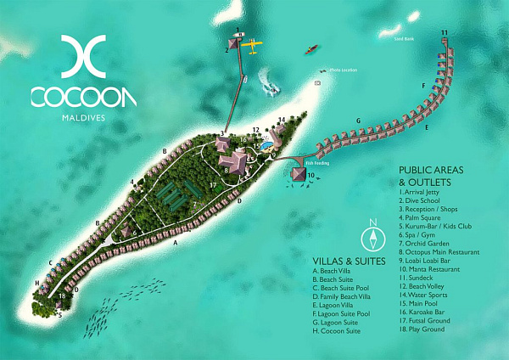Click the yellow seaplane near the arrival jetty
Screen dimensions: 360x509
point(255,43)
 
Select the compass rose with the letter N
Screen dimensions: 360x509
point(371,236)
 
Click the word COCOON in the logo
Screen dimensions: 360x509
point(83,97)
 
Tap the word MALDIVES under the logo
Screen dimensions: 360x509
point(83,117)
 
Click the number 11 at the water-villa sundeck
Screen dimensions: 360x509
point(445,33)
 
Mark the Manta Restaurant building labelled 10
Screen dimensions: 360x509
point(299,173)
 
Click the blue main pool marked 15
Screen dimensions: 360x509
point(266,146)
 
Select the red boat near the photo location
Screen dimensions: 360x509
point(311,49)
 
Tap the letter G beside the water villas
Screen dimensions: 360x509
point(359,121)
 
